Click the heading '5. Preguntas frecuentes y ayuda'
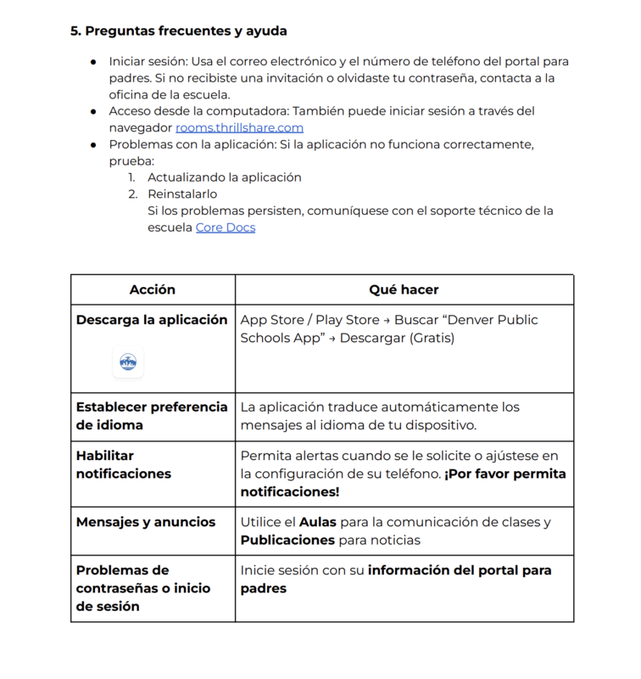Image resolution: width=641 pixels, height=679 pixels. [x=178, y=31]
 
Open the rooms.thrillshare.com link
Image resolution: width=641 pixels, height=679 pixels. [x=239, y=127]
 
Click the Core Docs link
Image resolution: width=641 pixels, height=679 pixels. [x=225, y=227]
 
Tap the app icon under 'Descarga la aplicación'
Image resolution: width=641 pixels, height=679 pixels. [x=128, y=362]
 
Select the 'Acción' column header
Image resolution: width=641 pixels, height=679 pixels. [x=153, y=289]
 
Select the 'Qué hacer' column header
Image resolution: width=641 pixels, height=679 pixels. [x=404, y=289]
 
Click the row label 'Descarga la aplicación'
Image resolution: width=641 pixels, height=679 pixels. [x=152, y=320]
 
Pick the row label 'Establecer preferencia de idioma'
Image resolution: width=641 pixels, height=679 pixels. [x=152, y=416]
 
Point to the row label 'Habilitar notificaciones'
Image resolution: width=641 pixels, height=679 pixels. [x=124, y=464]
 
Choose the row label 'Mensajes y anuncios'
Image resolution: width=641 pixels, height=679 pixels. [x=146, y=522]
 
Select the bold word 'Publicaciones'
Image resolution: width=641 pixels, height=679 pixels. [x=287, y=540]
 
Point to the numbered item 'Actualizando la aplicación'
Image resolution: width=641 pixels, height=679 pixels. [x=225, y=177]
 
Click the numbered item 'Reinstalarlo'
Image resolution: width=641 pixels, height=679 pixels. [x=182, y=194]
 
